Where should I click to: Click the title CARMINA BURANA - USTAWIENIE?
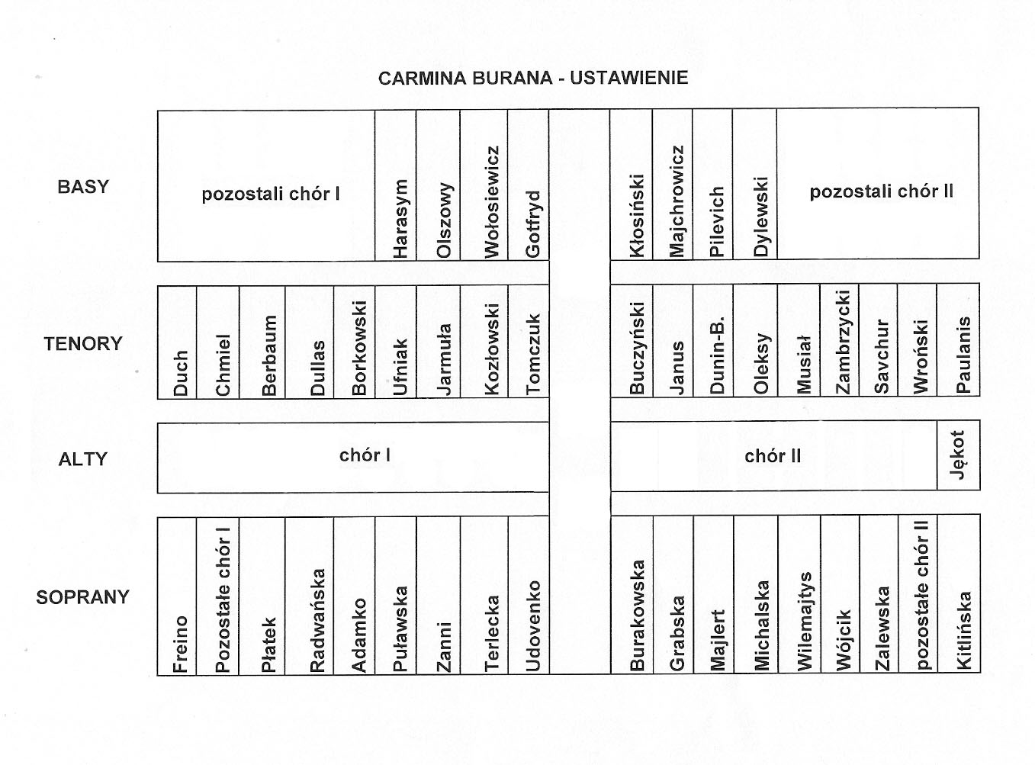click(533, 78)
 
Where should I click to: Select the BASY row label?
click(83, 187)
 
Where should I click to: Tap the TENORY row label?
click(83, 343)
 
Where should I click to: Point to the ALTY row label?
click(83, 459)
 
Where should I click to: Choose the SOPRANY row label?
click(82, 597)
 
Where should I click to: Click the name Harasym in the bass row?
click(400, 219)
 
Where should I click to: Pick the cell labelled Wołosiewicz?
click(491, 202)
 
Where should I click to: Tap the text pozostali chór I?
click(271, 194)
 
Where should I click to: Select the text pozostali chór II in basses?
click(882, 191)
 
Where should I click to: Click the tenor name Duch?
click(180, 374)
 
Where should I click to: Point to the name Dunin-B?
click(716, 355)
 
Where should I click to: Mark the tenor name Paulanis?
click(963, 355)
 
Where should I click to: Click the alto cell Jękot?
click(957, 455)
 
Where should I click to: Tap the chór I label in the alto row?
click(365, 455)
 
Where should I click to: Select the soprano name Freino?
click(180, 644)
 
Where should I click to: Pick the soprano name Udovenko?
click(532, 626)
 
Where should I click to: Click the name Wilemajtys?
click(805, 622)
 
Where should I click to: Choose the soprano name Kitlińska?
click(963, 631)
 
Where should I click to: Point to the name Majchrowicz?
click(677, 201)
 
